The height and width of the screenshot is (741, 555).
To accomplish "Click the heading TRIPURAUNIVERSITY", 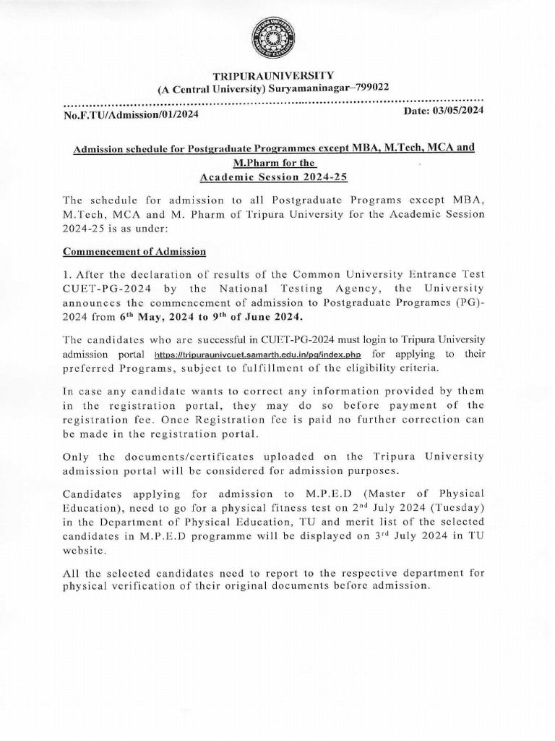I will pyautogui.click(x=272, y=75).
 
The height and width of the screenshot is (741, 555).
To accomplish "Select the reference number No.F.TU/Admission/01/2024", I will pyautogui.click(x=132, y=114).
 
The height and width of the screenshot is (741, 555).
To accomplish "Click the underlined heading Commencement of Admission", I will pyautogui.click(x=135, y=252).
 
